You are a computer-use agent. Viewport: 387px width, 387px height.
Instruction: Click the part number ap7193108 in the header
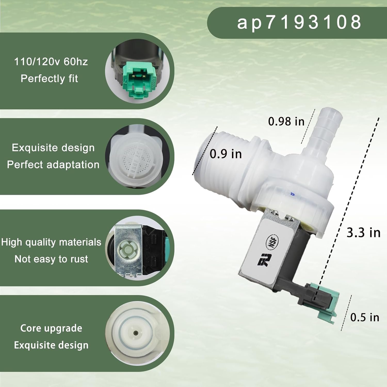click(299, 22)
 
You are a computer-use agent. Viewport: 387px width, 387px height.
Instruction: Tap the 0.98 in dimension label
click(286, 122)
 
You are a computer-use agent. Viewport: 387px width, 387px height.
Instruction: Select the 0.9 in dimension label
click(226, 154)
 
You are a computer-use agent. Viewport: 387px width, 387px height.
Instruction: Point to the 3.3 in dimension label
click(363, 233)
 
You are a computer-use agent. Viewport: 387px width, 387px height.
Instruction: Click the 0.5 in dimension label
click(365, 317)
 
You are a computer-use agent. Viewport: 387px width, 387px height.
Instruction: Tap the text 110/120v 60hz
click(51, 62)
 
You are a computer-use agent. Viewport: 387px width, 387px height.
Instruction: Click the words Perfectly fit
click(49, 78)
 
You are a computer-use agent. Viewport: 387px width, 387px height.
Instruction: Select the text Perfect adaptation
click(53, 165)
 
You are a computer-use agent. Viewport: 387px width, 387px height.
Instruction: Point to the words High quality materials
click(51, 242)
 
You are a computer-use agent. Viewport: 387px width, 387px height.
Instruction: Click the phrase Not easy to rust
click(51, 259)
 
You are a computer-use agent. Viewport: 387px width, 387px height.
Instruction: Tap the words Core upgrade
click(51, 328)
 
